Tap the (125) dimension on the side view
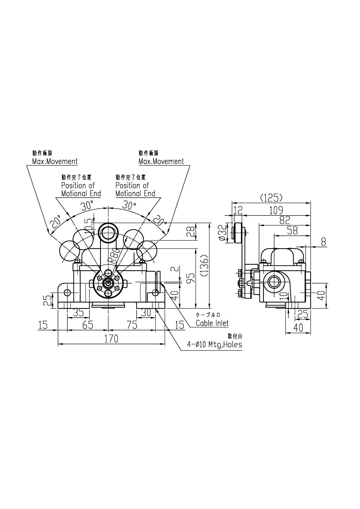tap(271, 198)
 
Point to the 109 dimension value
tap(276, 210)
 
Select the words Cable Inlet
tap(212, 323)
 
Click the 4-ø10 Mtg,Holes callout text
tap(215, 344)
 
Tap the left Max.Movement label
tap(55, 161)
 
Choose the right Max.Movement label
tap(161, 161)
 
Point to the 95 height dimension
tap(190, 277)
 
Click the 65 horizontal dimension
tap(87, 325)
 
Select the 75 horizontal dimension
tap(132, 325)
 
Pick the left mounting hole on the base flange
tap(67, 293)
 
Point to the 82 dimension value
tap(285, 220)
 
